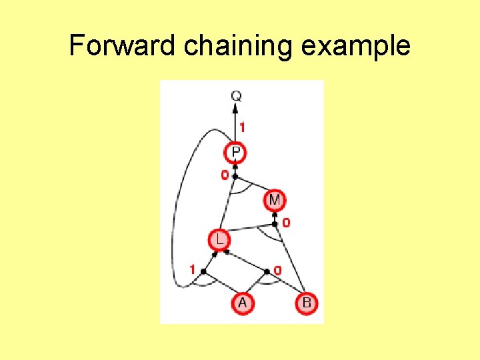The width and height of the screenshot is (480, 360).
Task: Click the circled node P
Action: coord(236,153)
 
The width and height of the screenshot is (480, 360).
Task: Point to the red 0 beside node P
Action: coord(225,175)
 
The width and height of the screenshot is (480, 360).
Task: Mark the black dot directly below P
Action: coord(235,176)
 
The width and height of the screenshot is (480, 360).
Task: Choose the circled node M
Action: coord(275,199)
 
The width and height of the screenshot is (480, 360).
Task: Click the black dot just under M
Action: coord(275,215)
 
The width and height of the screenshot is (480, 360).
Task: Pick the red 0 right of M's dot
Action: coord(286,223)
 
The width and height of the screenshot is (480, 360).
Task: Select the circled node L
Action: coord(218,239)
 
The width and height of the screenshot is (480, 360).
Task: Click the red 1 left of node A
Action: coord(192,270)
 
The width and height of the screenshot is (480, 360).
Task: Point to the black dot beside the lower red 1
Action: coord(203,271)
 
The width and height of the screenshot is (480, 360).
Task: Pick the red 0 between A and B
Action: coord(277,271)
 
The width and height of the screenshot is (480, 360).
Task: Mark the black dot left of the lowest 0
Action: coord(267,271)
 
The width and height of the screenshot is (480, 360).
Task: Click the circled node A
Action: coord(242,303)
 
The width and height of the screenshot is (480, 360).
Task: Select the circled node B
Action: coord(306,303)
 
